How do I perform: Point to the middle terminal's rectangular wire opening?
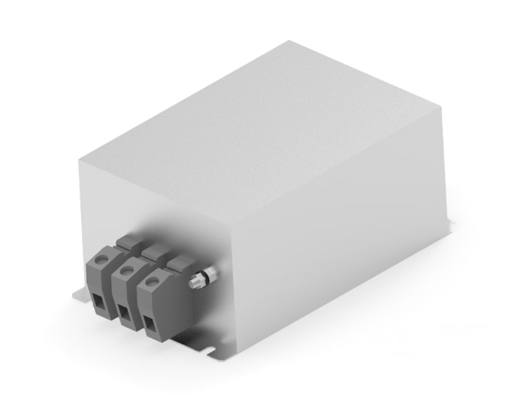pos(122,311)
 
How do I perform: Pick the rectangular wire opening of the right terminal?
pos(149,323)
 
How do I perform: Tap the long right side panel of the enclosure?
pos(338,225)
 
